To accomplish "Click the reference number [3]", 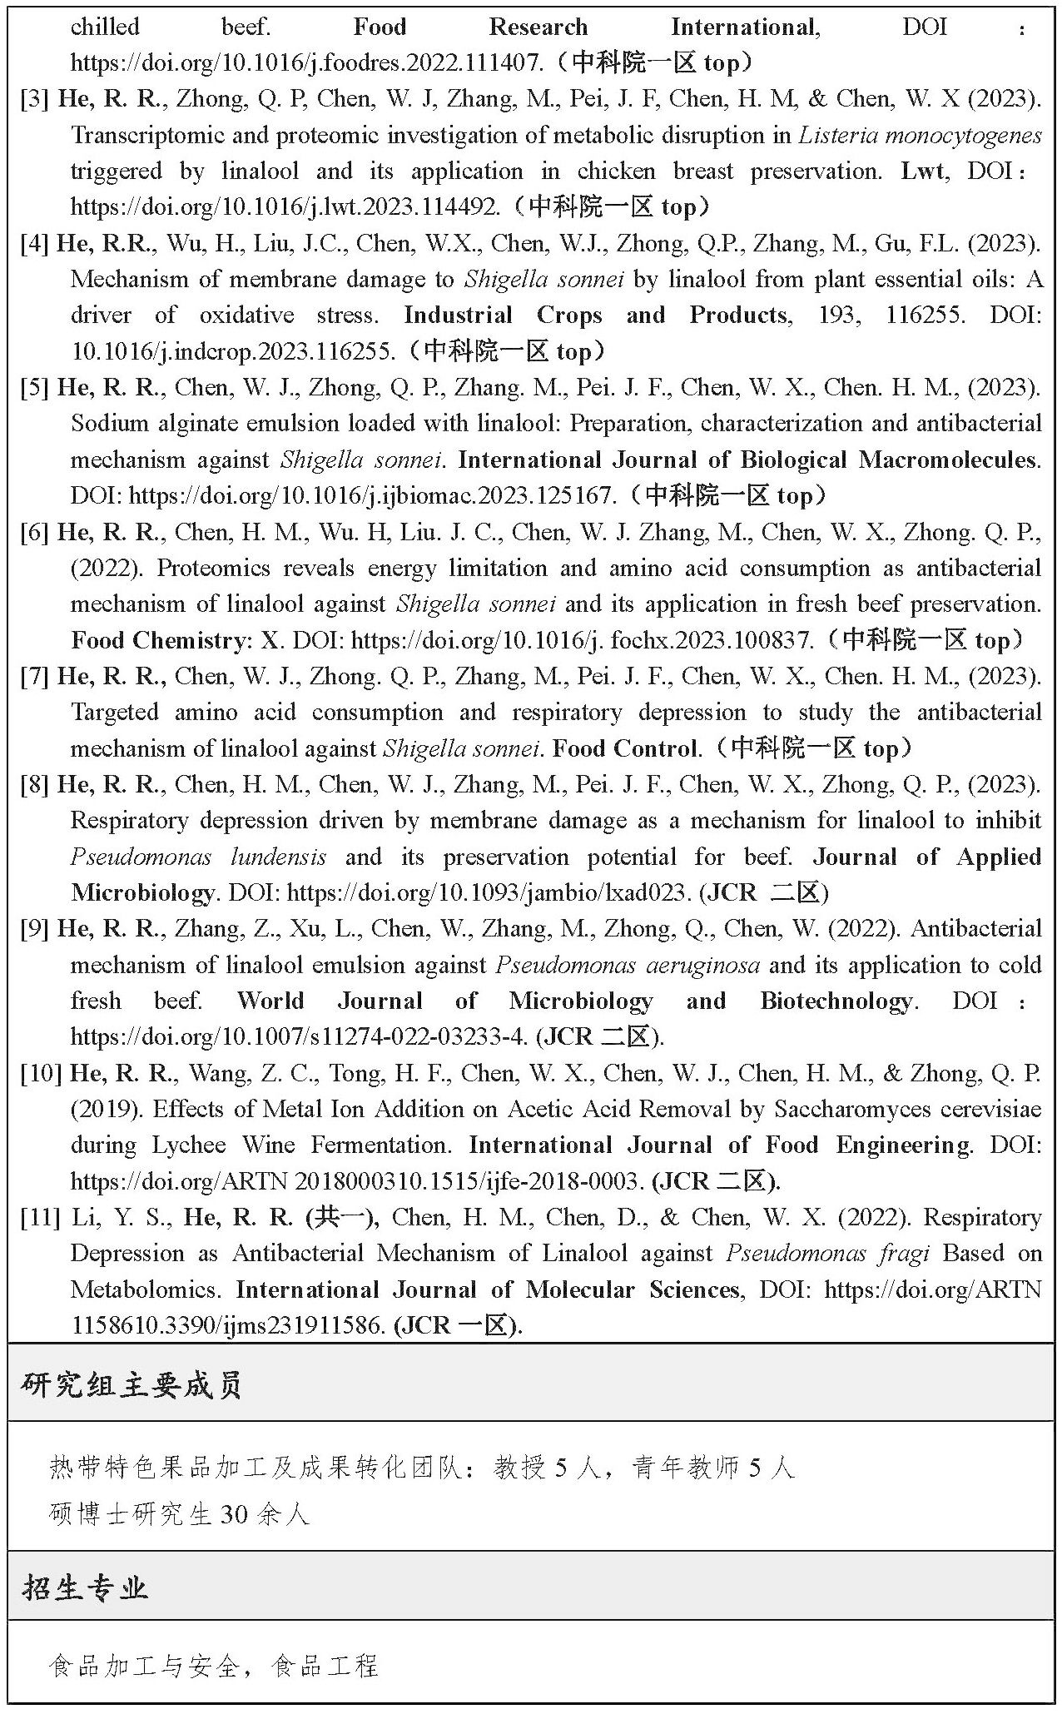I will pos(35,99).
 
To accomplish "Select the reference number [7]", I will pos(35,676).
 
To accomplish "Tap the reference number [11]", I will pos(40,1218).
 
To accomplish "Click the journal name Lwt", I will pos(923,171).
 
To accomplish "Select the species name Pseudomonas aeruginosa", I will pos(628,965).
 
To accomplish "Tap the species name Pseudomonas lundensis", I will pos(198,857).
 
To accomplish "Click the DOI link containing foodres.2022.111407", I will pos(307,63).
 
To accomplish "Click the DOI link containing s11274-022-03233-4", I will pos(299,1037).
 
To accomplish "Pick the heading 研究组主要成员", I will pos(132,1386).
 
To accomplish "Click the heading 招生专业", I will pos(86,1588).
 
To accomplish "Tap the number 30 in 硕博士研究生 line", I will pos(234,1514).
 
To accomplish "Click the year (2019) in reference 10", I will pos(106,1110).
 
